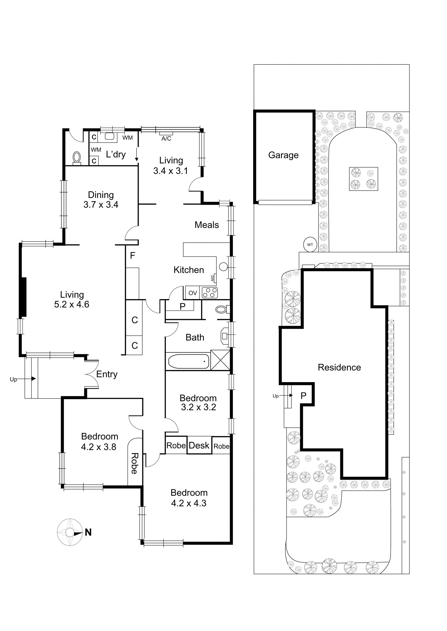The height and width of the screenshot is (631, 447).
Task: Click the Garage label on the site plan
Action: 283,155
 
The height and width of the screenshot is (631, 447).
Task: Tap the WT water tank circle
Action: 310,244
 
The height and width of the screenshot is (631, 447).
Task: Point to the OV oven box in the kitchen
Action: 193,293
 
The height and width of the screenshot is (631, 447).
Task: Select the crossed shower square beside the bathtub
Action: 220,360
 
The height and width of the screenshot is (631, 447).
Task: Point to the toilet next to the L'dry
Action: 77,158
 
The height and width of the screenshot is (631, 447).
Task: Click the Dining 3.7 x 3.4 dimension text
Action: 101,205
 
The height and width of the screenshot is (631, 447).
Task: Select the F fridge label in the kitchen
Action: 132,256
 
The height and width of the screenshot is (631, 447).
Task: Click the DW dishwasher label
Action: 212,278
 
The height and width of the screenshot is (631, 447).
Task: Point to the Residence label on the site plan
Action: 339,367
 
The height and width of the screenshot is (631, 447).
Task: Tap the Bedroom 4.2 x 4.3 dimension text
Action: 189,503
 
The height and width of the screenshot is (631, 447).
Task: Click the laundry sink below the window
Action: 110,136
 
